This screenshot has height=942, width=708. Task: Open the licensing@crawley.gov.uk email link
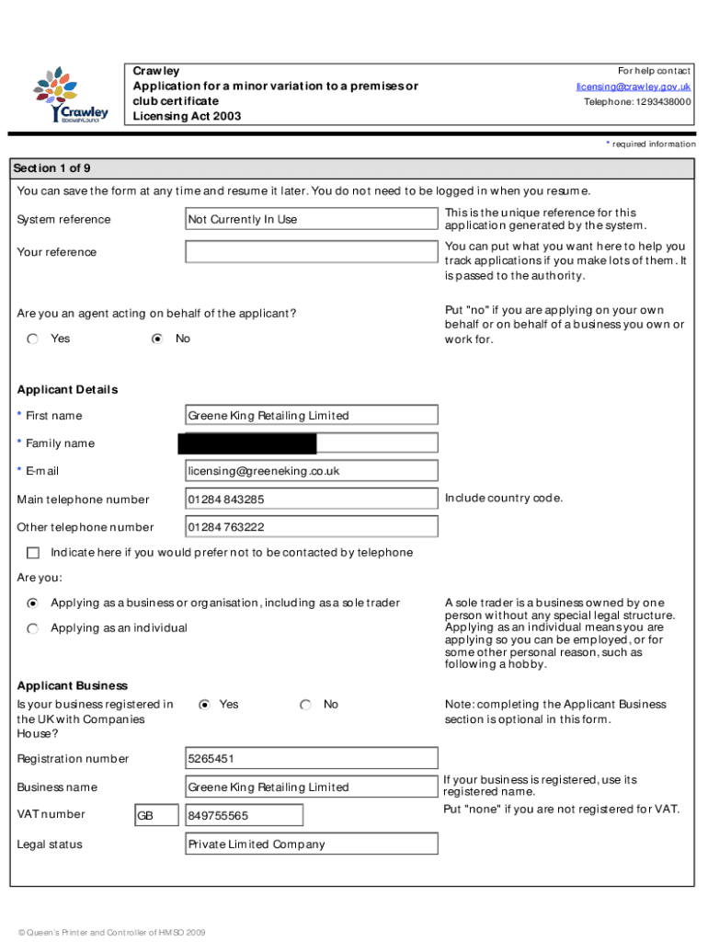point(634,86)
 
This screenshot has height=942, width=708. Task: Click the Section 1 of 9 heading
point(51,168)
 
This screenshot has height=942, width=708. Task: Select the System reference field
point(312,219)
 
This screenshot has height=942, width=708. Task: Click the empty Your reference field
point(312,252)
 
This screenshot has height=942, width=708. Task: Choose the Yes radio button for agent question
point(33,339)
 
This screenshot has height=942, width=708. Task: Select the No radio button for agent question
point(157,339)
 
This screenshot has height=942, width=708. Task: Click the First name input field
point(312,416)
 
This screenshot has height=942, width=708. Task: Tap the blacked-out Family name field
point(247,444)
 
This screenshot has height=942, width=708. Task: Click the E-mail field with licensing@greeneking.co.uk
point(312,471)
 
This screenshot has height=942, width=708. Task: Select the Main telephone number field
point(312,500)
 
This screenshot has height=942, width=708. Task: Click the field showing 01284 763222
point(312,527)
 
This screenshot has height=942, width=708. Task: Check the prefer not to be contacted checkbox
point(33,553)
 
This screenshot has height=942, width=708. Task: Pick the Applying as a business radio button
point(33,603)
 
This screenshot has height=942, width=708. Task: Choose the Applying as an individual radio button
point(33,628)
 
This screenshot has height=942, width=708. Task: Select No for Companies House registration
point(305,705)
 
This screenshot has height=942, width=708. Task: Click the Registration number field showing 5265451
point(312,759)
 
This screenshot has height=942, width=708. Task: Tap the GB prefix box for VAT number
point(156,816)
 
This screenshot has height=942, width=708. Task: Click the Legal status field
point(312,844)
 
